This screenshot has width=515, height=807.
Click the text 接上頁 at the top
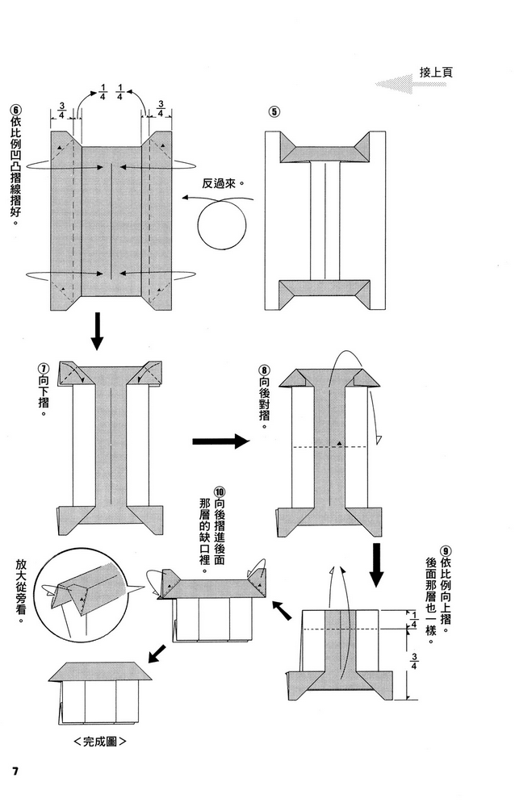coord(436,72)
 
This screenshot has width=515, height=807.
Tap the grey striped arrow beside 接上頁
coord(396,82)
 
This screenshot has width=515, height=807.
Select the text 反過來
coord(219,183)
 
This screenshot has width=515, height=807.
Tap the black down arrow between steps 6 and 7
coord(97,331)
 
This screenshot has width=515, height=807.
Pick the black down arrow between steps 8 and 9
coord(376,566)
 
